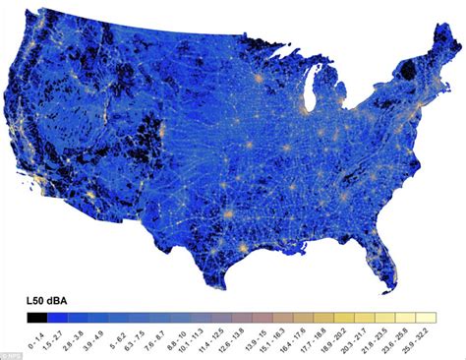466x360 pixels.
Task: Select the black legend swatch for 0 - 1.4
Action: pyautogui.click(x=40, y=317)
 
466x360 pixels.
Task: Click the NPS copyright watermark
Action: pyautogui.click(x=5, y=348)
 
